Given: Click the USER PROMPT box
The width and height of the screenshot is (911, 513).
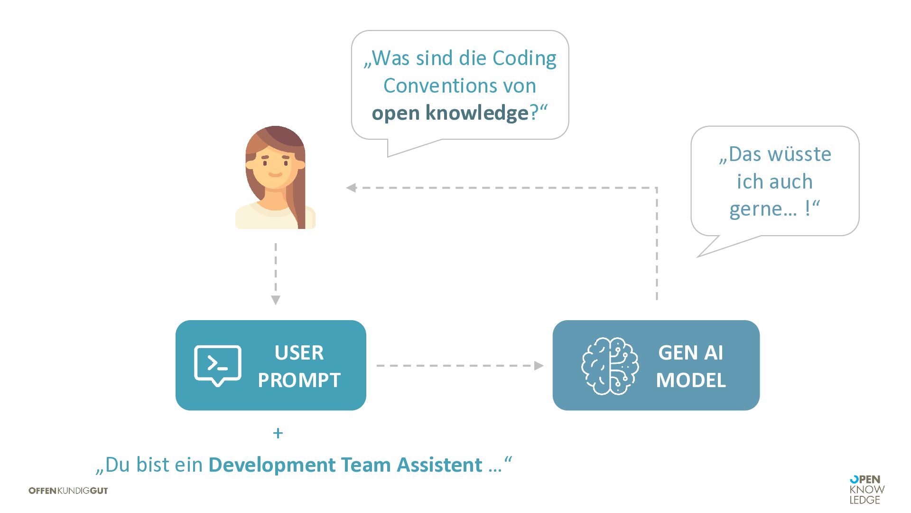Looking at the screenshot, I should (270, 365).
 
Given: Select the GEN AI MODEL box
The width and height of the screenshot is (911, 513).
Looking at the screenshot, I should (656, 365).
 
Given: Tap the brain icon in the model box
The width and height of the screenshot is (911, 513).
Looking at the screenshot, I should (610, 366).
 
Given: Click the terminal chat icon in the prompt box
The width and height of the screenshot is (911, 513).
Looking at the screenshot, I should (218, 365).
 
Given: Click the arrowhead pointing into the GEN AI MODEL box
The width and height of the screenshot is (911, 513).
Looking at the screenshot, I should (539, 365).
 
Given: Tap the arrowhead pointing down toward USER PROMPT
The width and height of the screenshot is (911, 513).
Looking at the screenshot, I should (276, 300).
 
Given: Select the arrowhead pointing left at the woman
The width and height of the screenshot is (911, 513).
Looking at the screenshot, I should (352, 188).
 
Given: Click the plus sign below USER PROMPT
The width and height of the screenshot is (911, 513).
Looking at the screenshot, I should (278, 433).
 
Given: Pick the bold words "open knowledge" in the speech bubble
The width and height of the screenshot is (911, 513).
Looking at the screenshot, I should (450, 113).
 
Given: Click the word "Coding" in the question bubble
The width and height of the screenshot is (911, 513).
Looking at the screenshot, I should (524, 58).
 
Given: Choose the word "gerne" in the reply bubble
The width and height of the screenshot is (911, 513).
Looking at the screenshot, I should (763, 209).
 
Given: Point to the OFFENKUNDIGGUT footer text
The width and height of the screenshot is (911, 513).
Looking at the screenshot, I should (68, 491).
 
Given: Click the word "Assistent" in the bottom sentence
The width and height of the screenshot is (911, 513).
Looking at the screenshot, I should (439, 465).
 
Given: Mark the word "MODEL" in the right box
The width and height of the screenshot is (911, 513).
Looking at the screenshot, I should (691, 380).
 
